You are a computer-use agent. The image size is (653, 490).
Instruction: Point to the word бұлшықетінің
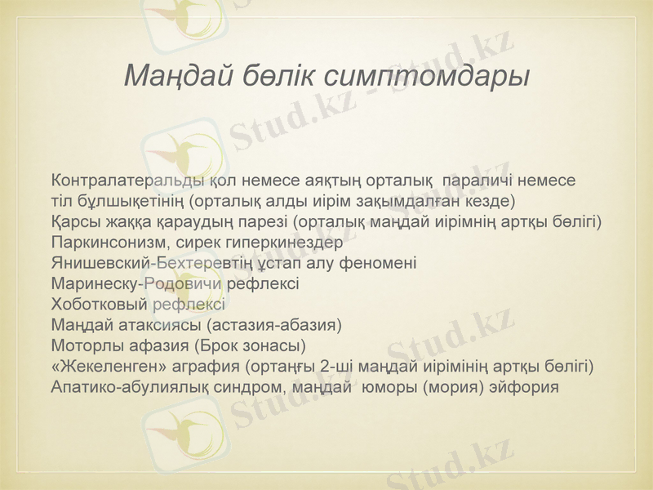pos(130,200)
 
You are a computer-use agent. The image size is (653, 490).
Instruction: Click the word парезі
pos(263,221)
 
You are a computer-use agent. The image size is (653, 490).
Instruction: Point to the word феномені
pos(375,264)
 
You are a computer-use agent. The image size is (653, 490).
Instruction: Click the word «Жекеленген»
pos(102,366)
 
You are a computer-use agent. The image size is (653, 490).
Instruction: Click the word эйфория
pos(526,387)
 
